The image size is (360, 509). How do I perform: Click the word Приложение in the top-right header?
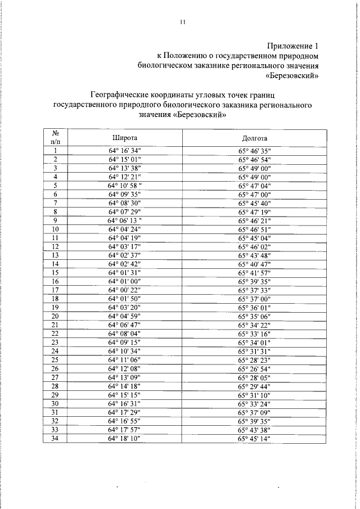tap(287, 46)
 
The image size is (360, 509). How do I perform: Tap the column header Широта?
tap(125, 138)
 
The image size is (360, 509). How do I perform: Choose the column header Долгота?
tap(254, 138)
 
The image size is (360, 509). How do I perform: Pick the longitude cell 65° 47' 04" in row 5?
tap(254, 185)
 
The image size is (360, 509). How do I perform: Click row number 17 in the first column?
tap(56, 290)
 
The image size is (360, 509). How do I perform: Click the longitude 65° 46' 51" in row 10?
tap(254, 229)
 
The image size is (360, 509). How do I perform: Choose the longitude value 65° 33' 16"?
tap(254, 334)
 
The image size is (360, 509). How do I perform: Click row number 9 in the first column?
tap(56, 220)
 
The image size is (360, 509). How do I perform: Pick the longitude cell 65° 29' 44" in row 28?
tap(254, 385)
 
